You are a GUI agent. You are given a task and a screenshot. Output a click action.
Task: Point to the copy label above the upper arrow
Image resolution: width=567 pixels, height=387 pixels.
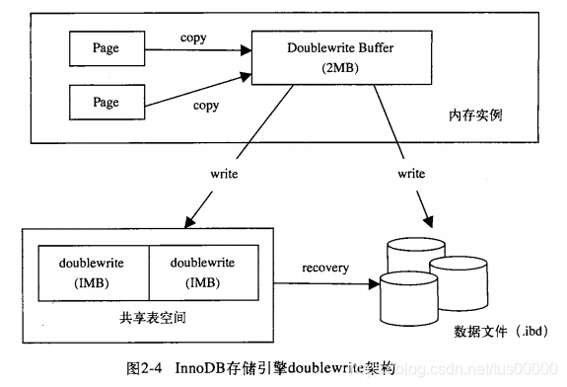point(193,38)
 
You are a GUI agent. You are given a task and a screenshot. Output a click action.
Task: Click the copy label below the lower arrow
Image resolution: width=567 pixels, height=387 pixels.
point(205,105)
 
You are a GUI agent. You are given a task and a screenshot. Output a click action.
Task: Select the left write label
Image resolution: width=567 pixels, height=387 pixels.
point(225,173)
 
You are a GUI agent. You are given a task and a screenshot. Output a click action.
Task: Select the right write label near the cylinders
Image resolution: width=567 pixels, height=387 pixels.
point(411,173)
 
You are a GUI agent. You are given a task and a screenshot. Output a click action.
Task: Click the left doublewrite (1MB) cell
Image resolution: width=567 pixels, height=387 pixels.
point(93,271)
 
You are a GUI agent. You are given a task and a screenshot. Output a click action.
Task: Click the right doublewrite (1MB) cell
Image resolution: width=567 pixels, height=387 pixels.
point(202,271)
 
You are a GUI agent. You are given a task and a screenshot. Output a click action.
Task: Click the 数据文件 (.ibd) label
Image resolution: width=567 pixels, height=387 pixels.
point(500,329)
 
